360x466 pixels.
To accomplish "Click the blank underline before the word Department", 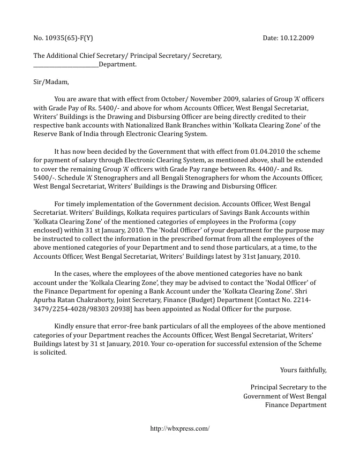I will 66,64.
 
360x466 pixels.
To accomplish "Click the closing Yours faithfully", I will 303,370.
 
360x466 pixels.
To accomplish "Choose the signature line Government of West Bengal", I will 284,396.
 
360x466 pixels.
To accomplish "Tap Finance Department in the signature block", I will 295,404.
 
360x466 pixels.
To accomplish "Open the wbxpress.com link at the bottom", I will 180,429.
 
